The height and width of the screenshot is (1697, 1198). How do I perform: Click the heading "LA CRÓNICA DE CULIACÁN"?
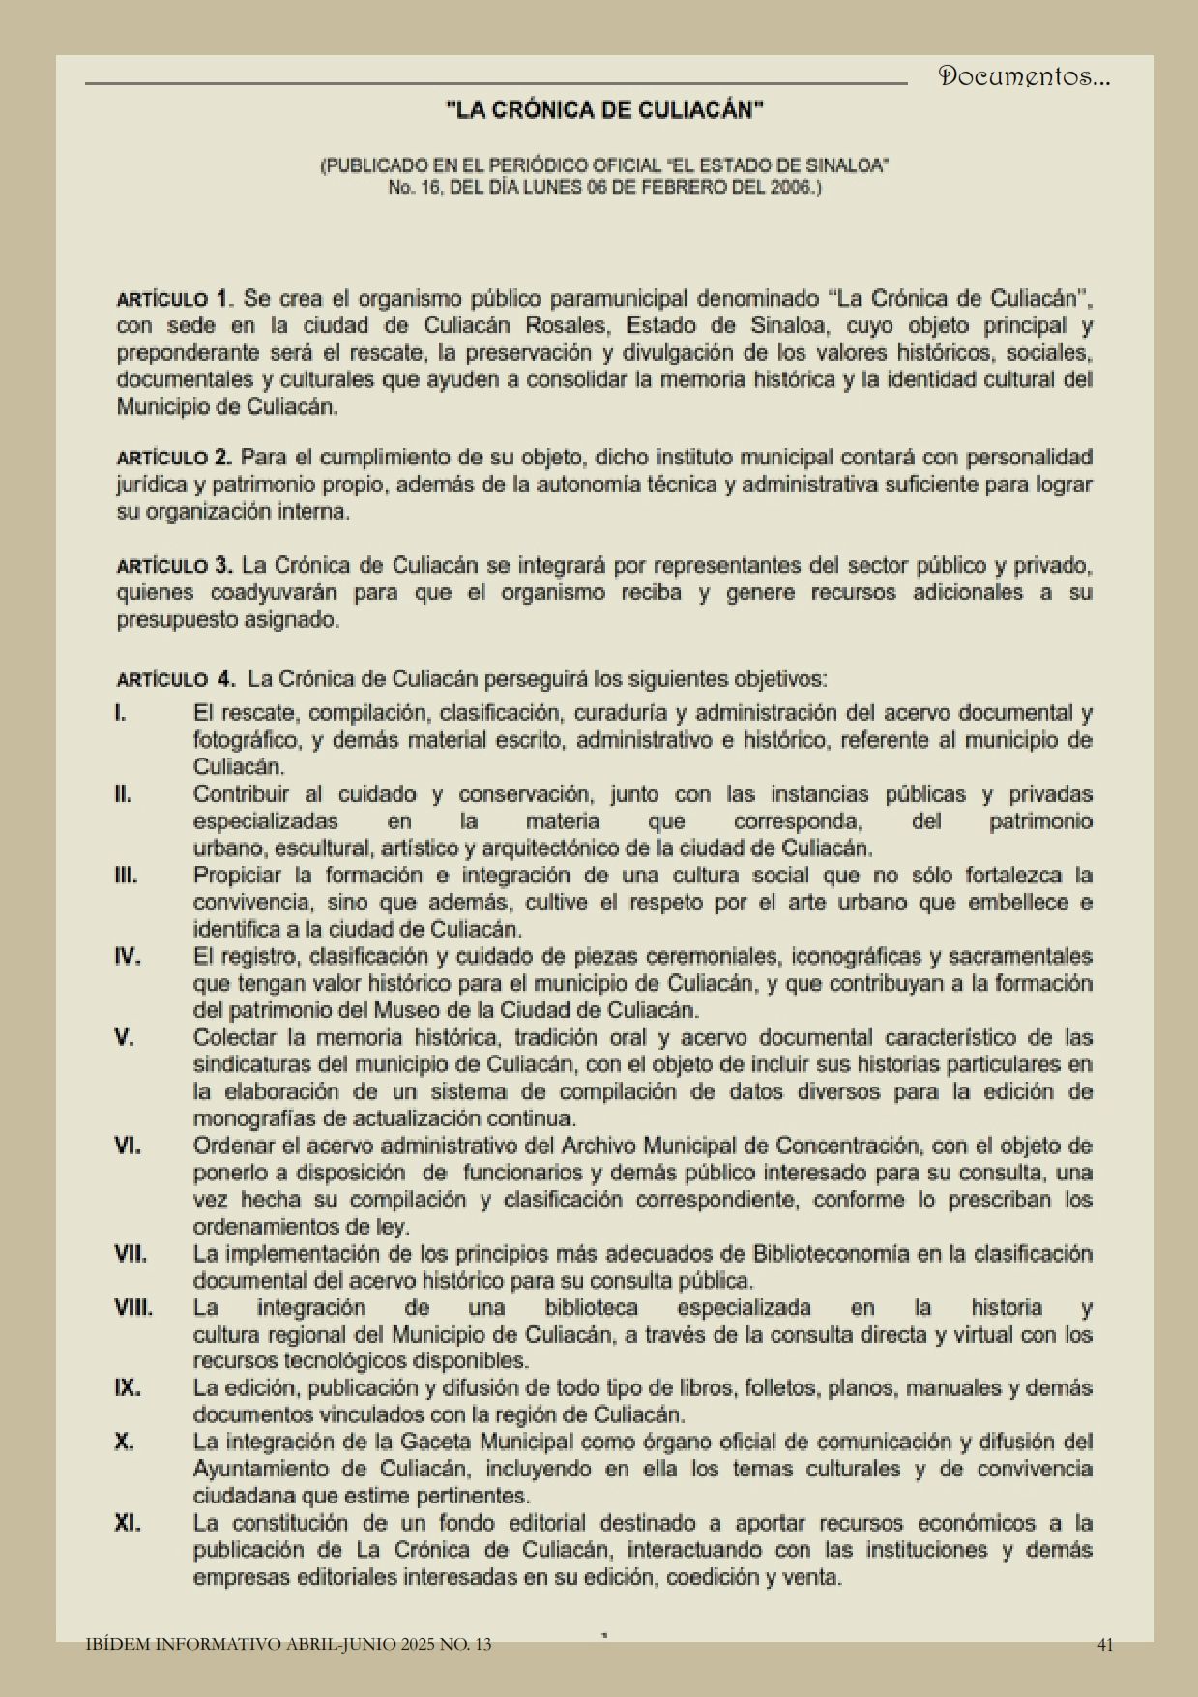click(604, 110)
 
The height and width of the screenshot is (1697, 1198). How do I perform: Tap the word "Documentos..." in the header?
click(1024, 77)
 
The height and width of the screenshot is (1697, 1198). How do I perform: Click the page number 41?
click(1106, 1644)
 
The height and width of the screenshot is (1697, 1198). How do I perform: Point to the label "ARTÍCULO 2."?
click(174, 457)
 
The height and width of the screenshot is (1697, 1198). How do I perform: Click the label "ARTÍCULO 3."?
click(174, 565)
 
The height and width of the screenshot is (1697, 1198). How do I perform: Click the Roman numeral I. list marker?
click(121, 714)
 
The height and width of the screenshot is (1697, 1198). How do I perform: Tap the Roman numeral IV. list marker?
click(128, 957)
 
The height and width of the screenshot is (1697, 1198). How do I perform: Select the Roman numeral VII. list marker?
click(131, 1254)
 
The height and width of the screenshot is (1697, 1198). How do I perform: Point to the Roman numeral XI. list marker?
click(128, 1523)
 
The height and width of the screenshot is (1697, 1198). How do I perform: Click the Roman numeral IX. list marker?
click(128, 1387)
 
